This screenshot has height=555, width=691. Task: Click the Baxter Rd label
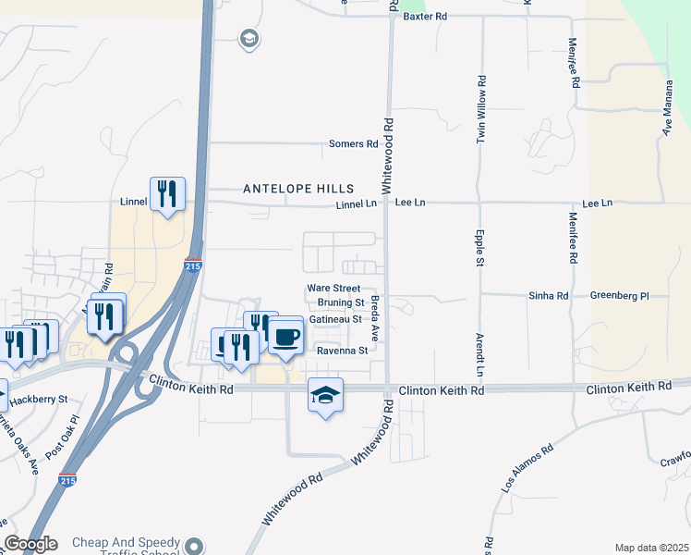(425, 17)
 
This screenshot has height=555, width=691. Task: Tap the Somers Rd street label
(354, 144)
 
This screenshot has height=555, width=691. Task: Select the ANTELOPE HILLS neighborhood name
(285, 188)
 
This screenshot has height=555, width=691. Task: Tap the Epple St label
(480, 248)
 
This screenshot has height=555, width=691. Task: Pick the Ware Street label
(333, 289)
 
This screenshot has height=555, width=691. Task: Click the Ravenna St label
(342, 351)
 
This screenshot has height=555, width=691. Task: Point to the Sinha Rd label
(548, 295)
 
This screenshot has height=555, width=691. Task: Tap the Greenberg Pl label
(620, 295)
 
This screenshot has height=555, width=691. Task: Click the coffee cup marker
(285, 336)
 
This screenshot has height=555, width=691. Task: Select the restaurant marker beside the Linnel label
(167, 194)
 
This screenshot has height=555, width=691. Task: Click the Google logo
(30, 544)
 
